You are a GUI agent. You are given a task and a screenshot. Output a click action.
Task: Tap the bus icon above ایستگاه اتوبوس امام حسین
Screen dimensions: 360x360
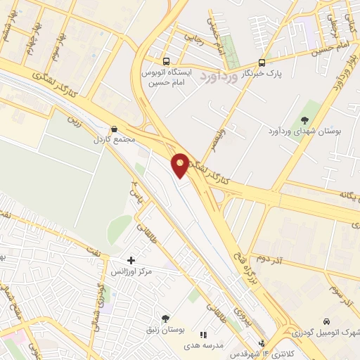coord(166,61)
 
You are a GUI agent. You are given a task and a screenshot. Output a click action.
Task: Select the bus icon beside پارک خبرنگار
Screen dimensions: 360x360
coord(262,61)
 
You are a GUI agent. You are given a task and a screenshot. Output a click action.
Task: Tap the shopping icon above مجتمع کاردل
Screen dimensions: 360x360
coord(114,129)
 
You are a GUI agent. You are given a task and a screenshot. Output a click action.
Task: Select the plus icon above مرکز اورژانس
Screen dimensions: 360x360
coord(131,260)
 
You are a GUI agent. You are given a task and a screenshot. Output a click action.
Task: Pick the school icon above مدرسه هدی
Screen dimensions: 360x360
coord(205,335)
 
